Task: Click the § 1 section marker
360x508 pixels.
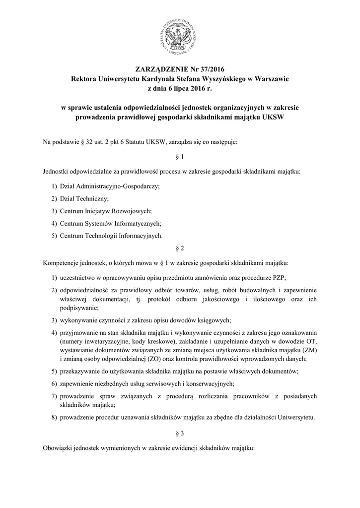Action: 180,157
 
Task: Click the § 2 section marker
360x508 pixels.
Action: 180,247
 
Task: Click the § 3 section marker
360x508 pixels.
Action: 180,433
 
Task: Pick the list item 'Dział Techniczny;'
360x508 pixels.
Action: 84,198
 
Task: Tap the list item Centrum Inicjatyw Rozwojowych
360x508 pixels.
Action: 105,211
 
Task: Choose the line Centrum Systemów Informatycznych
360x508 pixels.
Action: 110,223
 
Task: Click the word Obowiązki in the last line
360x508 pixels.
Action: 59,447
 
